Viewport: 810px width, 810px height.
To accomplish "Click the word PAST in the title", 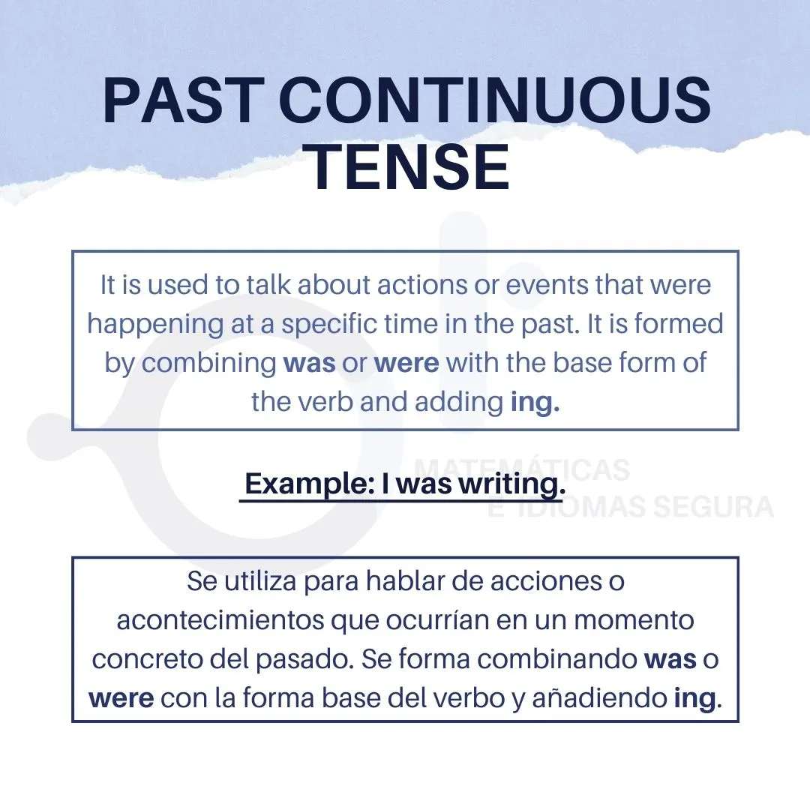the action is click(x=180, y=100).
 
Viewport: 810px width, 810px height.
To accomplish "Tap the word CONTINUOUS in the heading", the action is click(x=496, y=100).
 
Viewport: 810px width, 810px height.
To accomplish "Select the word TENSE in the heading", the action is click(x=407, y=167).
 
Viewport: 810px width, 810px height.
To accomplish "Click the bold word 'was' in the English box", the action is click(x=309, y=363).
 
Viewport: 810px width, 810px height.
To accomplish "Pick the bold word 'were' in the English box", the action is click(x=406, y=363).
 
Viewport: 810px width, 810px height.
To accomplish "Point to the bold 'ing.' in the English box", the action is click(x=535, y=403).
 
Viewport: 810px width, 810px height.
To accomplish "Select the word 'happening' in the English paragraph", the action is click(x=155, y=325).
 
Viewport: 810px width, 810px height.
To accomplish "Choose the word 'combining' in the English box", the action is click(x=208, y=363).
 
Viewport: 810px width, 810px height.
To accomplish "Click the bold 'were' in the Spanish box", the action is click(x=121, y=698).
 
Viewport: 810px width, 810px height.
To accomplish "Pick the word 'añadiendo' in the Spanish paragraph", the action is click(x=600, y=698).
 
